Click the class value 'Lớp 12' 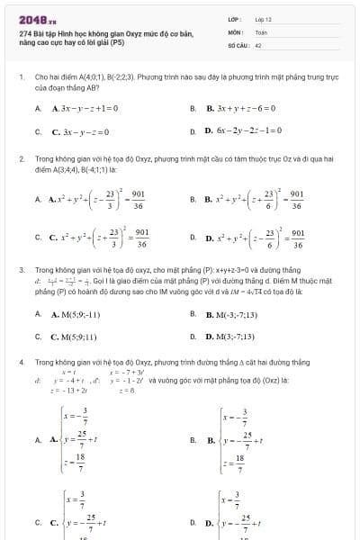pyautogui.click(x=264, y=19)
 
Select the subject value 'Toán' pyautogui.click(x=262, y=31)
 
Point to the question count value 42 pyautogui.click(x=258, y=43)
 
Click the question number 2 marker pyautogui.click(x=21, y=158)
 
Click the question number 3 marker pyautogui.click(x=21, y=268)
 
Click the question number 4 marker pyautogui.click(x=21, y=361)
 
